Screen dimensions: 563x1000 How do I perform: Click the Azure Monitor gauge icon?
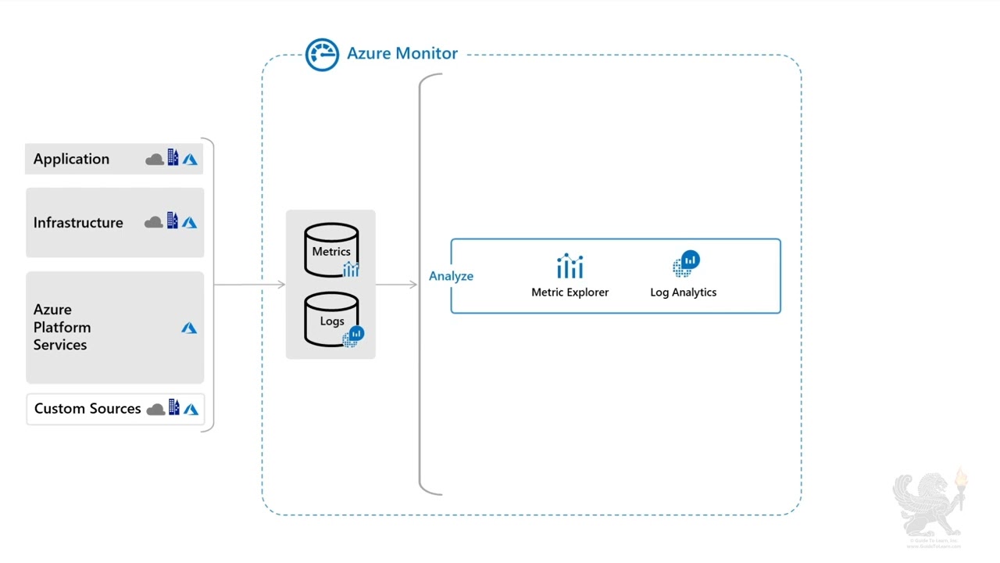322,55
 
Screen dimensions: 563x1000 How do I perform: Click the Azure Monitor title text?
402,53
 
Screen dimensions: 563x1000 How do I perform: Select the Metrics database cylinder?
331,250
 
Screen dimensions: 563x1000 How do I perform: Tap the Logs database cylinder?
331,320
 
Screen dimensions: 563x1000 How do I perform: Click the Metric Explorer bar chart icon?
570,267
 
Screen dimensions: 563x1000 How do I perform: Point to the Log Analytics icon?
685,264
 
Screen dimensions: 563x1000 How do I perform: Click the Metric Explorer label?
570,292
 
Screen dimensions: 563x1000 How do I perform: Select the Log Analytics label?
683,292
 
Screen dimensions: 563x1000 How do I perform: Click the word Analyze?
451,276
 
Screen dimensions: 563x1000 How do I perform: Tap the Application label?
71,159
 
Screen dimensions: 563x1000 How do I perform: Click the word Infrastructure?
78,223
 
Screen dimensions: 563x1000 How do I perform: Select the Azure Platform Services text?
62,327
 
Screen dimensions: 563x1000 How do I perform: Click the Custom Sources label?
87,409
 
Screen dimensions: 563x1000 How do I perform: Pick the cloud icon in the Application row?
155,160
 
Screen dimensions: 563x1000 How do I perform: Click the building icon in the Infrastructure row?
173,221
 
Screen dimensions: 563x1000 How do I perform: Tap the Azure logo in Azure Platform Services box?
189,328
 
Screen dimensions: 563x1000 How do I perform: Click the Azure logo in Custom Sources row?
191,409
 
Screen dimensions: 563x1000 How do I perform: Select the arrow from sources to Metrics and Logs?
250,285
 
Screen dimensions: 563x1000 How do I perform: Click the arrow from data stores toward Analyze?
397,285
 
